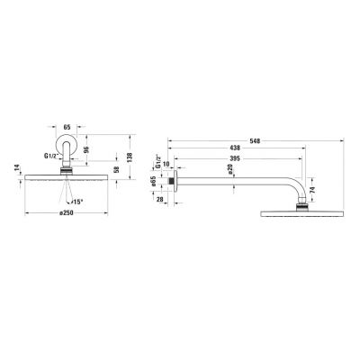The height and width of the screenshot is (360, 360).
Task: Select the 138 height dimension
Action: [130, 157]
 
